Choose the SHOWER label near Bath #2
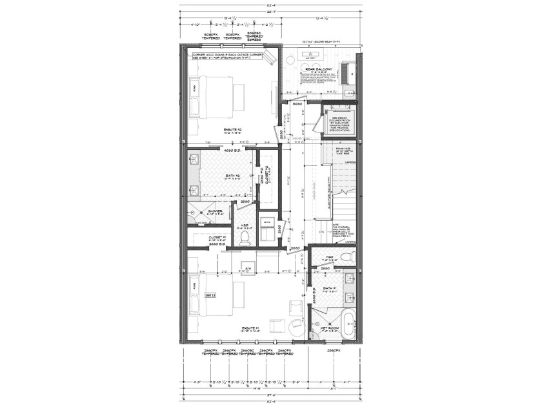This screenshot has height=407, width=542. (206, 211)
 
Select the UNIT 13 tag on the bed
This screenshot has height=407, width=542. (210, 295)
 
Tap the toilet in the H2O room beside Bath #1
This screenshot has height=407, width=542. (348, 257)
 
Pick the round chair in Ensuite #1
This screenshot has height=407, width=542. (296, 326)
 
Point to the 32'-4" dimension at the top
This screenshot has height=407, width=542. (271, 6)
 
